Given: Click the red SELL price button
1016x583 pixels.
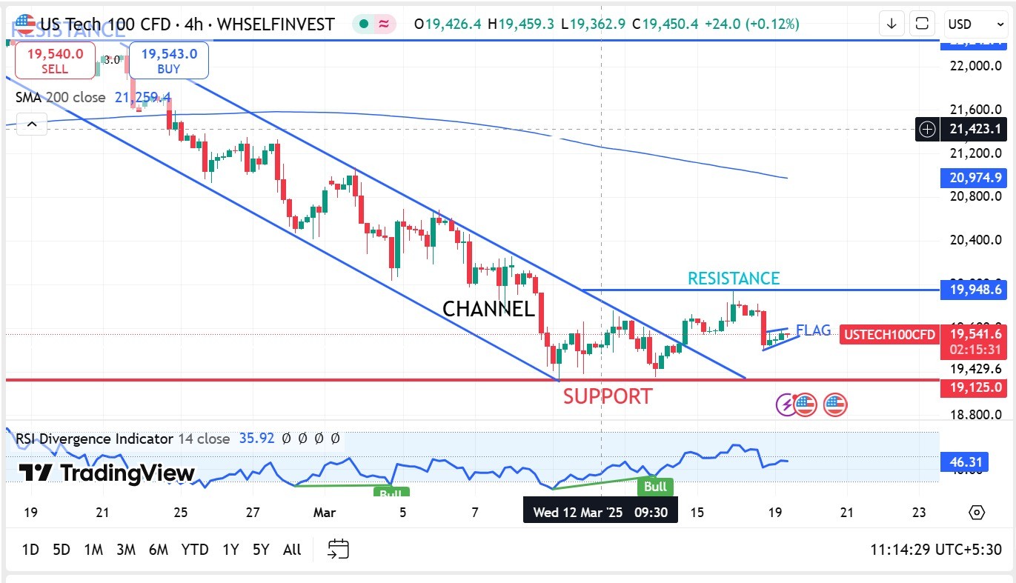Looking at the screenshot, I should click(x=55, y=61).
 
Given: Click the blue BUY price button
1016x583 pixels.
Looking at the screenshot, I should click(x=169, y=61).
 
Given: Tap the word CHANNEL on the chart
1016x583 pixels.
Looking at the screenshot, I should click(x=488, y=309).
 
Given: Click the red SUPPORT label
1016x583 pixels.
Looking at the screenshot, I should click(x=608, y=396).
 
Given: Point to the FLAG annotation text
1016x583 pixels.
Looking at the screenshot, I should click(x=813, y=330).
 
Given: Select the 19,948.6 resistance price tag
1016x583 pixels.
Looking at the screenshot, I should click(x=971, y=290).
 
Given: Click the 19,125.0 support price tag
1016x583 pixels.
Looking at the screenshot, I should click(x=971, y=387).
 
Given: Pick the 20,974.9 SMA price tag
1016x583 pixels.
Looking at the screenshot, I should click(x=971, y=178).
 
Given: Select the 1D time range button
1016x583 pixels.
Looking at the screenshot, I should click(x=30, y=550).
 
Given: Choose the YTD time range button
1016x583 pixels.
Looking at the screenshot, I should click(x=195, y=550).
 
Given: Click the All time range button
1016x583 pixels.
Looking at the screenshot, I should click(x=292, y=550).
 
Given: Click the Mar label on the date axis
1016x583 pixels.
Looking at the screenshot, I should click(x=325, y=512).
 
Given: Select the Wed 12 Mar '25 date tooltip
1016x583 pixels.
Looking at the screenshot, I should click(x=600, y=512).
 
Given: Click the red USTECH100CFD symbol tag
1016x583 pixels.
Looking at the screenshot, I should click(x=889, y=335).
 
